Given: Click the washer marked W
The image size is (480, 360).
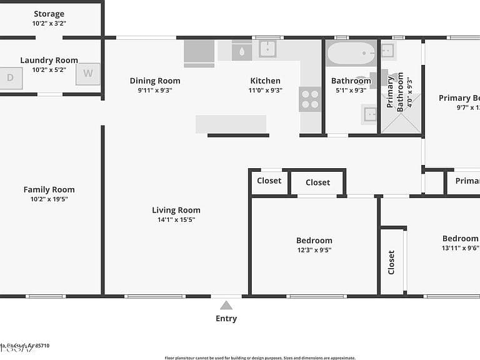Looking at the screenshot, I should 87,74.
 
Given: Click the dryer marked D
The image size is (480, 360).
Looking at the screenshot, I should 11,78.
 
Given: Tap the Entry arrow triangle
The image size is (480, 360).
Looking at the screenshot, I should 226,305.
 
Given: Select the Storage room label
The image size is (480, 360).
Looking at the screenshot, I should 49,14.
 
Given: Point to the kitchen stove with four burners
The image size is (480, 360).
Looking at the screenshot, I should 310,99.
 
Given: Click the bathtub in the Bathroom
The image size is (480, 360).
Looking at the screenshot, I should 351,54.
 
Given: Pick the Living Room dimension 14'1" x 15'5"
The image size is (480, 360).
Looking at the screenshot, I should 176,220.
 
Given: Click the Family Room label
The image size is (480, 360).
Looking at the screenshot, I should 49,189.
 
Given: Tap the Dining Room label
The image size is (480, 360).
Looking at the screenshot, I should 155,81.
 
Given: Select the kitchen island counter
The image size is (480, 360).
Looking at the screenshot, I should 231,124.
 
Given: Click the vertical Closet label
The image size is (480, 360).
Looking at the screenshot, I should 391,262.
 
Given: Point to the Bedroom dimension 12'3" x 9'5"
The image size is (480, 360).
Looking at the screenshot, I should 314,250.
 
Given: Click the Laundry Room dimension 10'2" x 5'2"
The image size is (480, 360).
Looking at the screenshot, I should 49,69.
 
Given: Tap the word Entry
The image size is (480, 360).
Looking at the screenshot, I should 226,319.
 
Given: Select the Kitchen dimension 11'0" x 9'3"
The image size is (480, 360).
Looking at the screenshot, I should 266,90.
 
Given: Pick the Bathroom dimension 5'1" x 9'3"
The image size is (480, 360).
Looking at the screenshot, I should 351,90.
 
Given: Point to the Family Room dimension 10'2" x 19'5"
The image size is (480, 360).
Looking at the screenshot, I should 49,199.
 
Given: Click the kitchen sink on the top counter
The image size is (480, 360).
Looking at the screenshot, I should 267,49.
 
